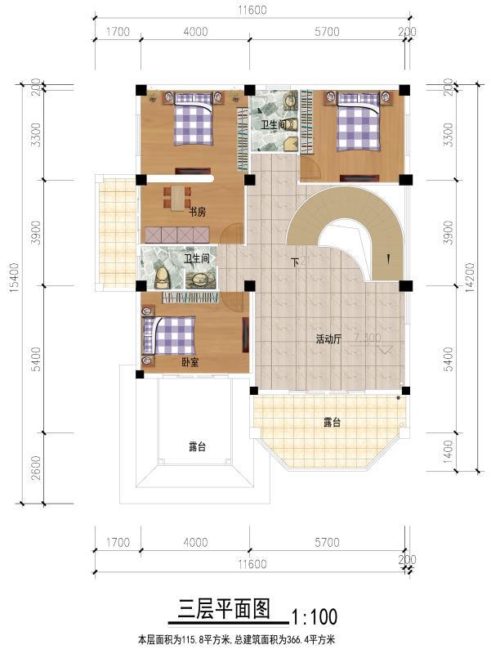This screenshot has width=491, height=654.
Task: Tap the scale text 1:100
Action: coord(314,614)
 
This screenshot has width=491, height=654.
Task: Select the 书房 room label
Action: coord(197,212)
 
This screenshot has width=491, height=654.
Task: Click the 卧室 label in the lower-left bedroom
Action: coord(190,361)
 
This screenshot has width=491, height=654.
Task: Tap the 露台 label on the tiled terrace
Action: coord(331,423)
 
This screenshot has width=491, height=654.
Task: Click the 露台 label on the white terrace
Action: coord(197,447)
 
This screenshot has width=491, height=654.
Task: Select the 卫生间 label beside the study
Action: coord(196,258)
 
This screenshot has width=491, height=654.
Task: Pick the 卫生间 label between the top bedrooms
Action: coord(273,124)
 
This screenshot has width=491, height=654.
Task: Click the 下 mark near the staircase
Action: coord(295,262)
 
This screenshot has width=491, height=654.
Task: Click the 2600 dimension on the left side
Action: coord(33,468)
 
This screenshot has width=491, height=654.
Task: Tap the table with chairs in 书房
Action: coord(177,197)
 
